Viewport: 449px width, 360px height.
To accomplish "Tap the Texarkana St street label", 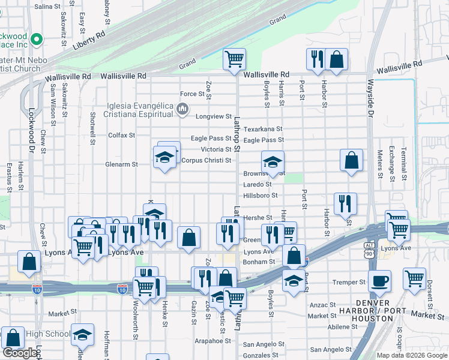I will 263,129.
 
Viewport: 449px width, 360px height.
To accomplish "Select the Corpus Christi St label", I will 206,161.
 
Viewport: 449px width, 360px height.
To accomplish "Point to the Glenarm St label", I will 122,164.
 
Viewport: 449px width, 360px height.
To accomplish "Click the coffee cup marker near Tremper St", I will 379,281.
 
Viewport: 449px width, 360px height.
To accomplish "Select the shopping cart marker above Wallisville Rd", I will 234,59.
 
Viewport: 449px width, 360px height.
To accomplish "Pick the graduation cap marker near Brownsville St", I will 273,161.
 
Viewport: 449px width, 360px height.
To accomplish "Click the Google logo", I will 20,353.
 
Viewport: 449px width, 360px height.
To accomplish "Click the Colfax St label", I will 121,135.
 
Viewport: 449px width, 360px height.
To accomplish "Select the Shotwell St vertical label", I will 93,128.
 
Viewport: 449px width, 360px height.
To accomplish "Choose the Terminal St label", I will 404,164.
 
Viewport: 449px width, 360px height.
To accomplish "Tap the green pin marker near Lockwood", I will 37,40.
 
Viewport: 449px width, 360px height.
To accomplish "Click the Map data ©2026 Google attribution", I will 411,355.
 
